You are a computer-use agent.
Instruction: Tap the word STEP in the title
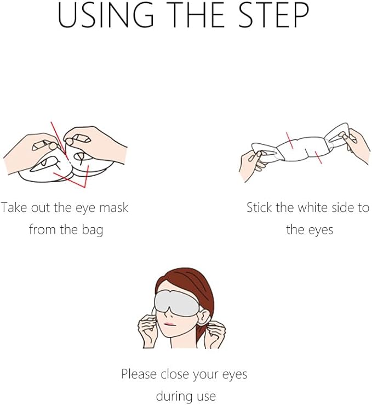(273, 15)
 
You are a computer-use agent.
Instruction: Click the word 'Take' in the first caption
(14, 207)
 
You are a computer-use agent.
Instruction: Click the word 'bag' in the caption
(92, 230)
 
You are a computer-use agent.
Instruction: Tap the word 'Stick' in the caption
(259, 207)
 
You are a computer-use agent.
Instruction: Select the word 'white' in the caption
(312, 207)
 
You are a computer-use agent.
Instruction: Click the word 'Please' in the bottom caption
(139, 374)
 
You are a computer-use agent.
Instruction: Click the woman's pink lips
(169, 324)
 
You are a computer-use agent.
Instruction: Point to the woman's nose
(168, 313)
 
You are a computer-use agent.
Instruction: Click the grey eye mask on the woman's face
(176, 303)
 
